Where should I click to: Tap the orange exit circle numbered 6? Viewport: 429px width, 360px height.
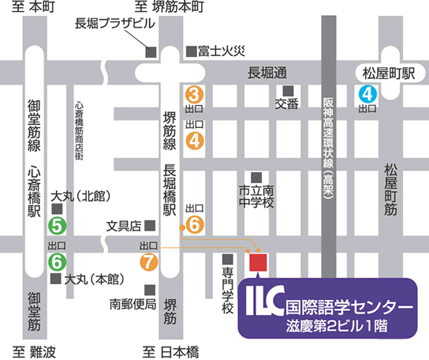click(x=197, y=224)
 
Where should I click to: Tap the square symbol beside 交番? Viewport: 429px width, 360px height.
click(x=289, y=90)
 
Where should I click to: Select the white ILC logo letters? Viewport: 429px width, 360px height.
click(x=263, y=304)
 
